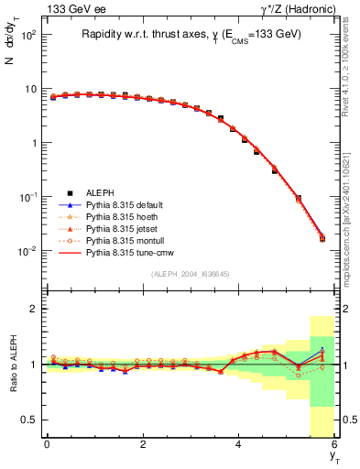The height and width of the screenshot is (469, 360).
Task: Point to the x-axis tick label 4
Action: pos(239,444)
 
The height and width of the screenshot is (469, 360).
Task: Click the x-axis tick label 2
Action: pos(143,444)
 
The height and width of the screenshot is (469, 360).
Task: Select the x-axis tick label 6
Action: pos(334,444)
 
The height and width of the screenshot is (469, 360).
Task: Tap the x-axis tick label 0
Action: pos(47,444)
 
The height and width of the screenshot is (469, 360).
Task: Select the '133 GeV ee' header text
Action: pos(62,9)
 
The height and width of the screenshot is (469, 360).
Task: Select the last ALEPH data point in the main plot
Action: pos(322,239)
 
